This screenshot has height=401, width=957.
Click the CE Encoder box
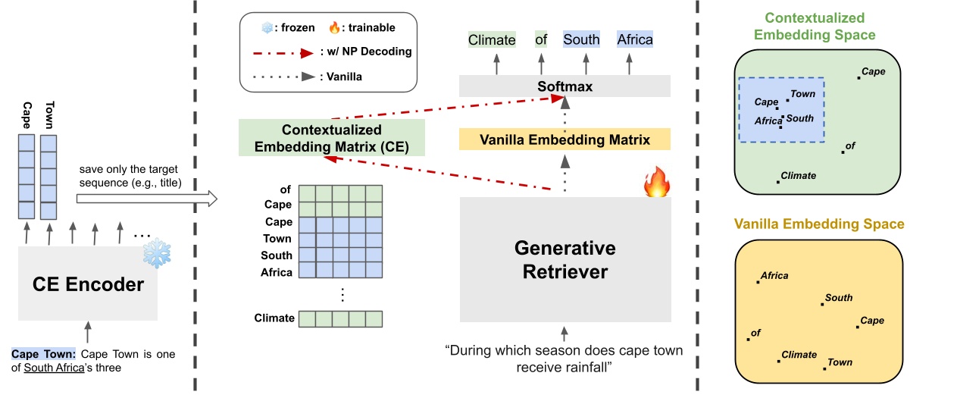[x=87, y=285]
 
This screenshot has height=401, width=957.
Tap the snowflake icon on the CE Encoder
[x=157, y=255]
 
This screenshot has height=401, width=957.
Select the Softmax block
[x=565, y=86]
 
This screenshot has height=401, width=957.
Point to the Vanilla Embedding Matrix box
[x=565, y=139]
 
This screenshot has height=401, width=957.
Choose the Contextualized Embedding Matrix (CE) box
[x=331, y=138]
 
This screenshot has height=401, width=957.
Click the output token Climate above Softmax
[x=492, y=39]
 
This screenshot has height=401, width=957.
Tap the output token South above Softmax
[x=581, y=39]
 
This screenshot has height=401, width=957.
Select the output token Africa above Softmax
[x=634, y=39]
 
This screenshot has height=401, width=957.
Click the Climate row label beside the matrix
[x=274, y=318]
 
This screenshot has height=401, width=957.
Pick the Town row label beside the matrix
[x=277, y=239]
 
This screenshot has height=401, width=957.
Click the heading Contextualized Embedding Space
[x=820, y=27]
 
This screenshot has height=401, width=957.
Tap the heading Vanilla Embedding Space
[x=820, y=224]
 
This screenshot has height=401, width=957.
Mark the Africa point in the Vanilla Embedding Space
[x=758, y=282]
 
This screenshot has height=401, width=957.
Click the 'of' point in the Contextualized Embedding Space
[x=843, y=151]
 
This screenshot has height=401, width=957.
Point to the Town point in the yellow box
[x=824, y=368]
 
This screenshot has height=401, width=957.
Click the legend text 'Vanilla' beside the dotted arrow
[x=350, y=76]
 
